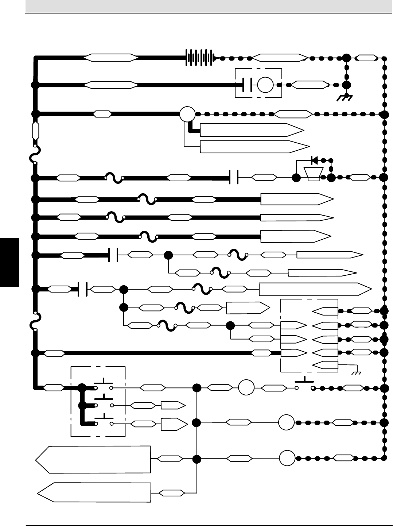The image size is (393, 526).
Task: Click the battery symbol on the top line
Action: coord(199,58)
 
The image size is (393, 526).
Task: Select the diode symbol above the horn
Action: coord(314,160)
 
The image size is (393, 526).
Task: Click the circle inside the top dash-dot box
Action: coord(265,85)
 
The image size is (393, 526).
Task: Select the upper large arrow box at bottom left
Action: coord(93,459)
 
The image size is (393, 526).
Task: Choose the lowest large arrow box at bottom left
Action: coord(94,492)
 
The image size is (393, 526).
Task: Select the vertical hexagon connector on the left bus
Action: coord(36,131)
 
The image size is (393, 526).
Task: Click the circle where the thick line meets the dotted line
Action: coord(187,114)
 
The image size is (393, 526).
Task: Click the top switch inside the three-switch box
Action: coord(104,385)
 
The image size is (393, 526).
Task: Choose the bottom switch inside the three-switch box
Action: coord(104,421)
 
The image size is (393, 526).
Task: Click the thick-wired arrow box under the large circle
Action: coord(252,129)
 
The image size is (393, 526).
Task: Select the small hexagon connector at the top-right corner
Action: coord(366,58)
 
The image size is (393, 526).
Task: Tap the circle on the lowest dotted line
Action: coord(287,459)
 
